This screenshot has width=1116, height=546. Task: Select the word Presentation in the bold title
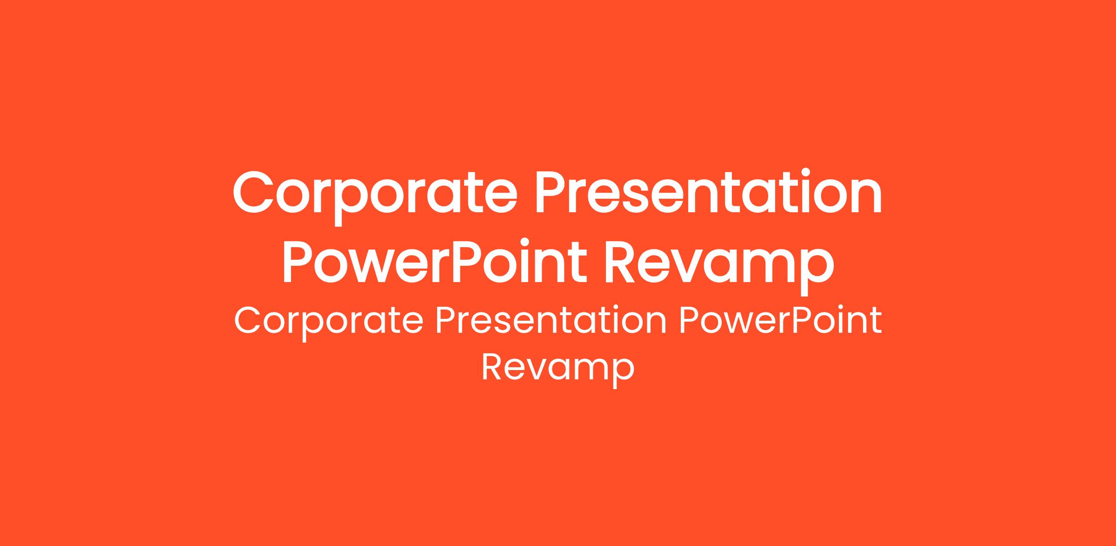coord(710,192)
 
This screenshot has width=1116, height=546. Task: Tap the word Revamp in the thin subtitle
coord(558,370)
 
